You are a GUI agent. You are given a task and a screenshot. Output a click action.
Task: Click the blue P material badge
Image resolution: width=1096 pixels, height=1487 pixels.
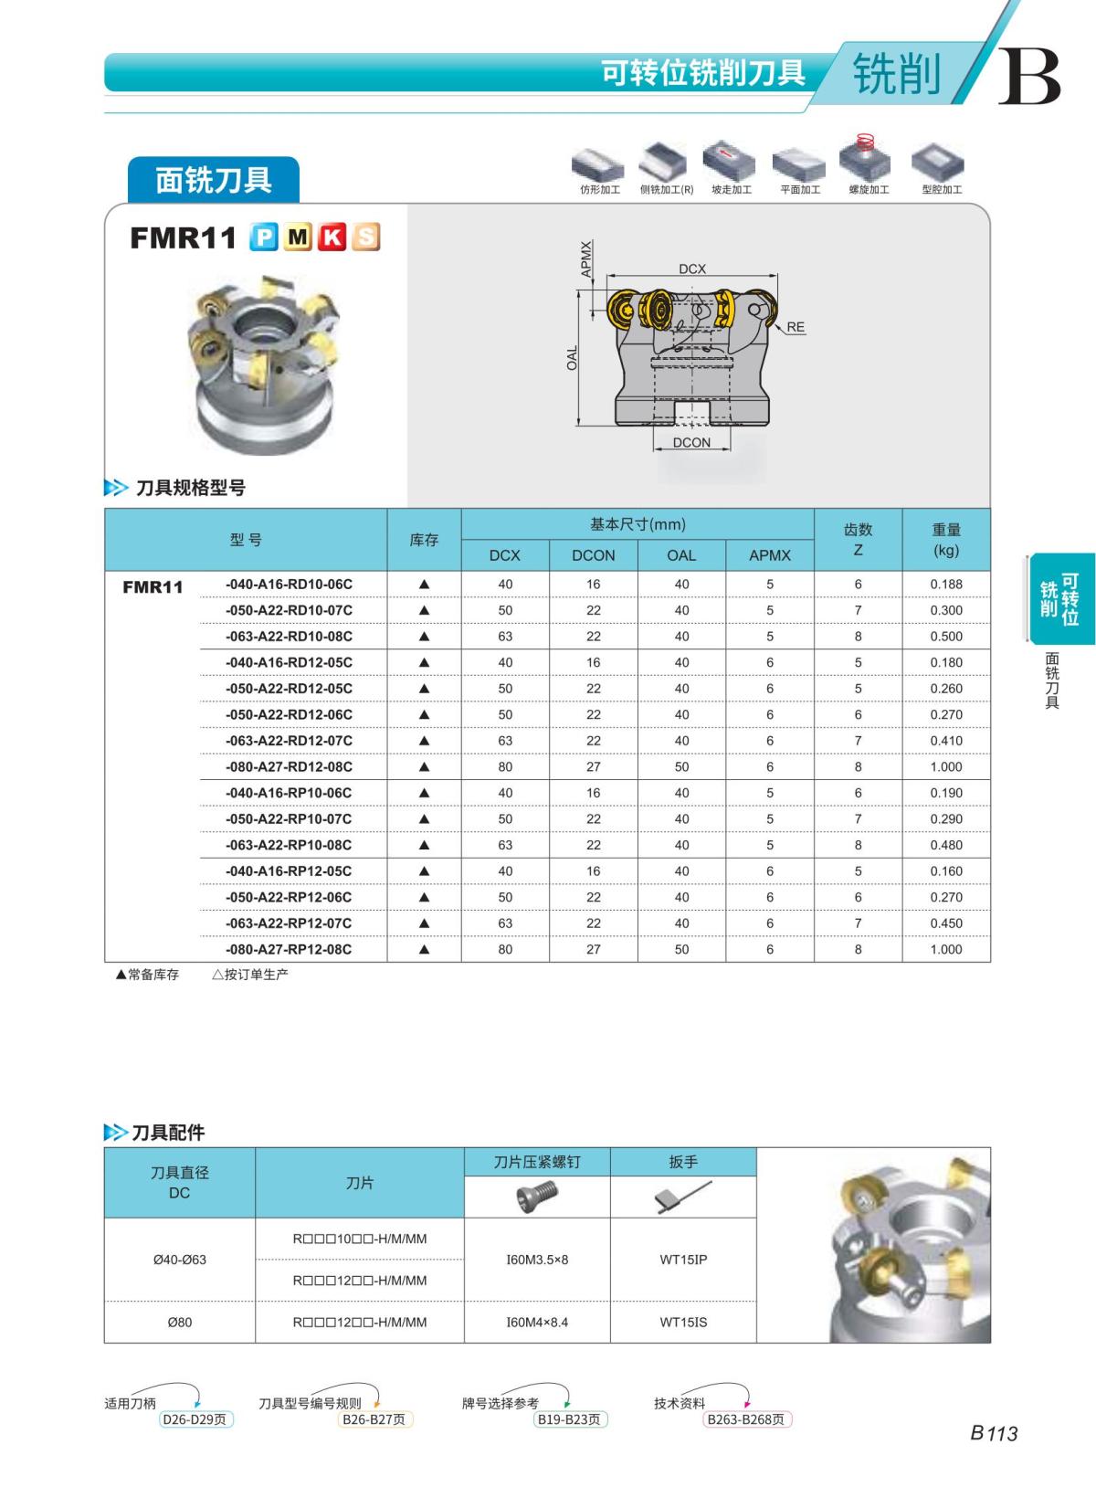click(x=264, y=237)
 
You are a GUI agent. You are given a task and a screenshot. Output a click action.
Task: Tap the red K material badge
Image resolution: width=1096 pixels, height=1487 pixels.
click(x=332, y=237)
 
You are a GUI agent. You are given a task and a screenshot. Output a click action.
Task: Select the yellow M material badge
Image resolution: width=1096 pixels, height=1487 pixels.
click(x=298, y=237)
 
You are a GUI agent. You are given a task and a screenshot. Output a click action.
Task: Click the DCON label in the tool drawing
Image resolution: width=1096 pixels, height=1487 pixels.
click(x=691, y=442)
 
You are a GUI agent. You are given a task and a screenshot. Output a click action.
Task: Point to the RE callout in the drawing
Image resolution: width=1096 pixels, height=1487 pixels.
click(x=796, y=327)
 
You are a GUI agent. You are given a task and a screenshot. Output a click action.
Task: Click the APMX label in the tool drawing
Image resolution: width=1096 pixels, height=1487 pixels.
click(x=586, y=258)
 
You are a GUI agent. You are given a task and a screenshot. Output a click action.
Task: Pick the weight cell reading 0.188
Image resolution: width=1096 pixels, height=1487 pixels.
click(x=946, y=585)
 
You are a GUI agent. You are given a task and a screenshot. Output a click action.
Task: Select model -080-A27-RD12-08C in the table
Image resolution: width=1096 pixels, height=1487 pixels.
click(x=289, y=766)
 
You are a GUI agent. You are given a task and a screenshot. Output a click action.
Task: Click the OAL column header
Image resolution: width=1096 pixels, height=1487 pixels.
click(x=681, y=555)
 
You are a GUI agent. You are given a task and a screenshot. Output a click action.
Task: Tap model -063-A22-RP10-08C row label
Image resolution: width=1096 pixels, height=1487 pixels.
click(x=289, y=845)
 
